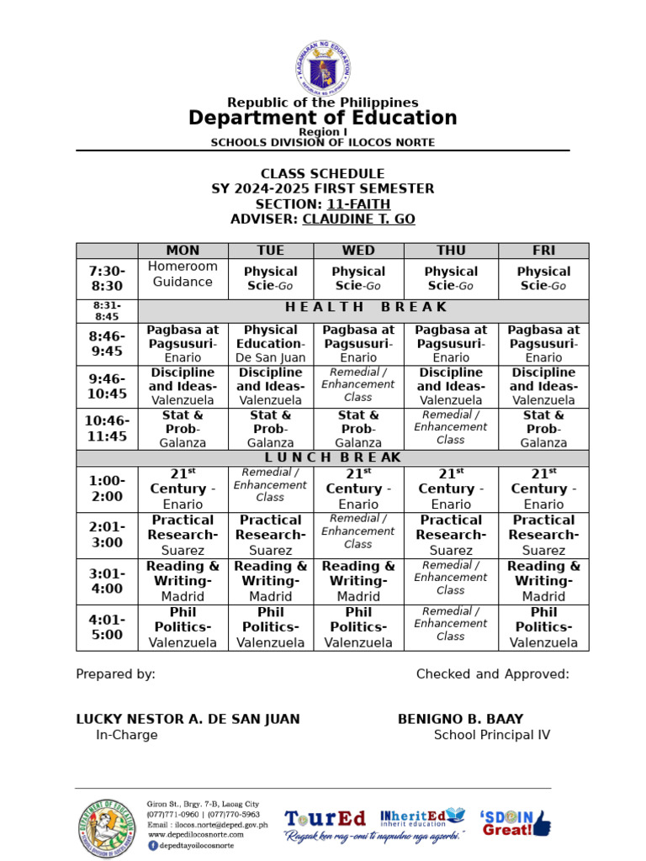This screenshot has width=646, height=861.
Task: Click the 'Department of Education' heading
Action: pos(322,118)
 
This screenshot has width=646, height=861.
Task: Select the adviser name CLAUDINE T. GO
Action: pos(358,219)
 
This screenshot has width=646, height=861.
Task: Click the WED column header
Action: pos(358,251)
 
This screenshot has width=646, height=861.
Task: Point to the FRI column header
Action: pos(543,251)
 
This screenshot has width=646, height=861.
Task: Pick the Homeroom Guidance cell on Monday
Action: pos(183,274)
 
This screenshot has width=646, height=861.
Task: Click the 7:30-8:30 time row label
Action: pos(107,278)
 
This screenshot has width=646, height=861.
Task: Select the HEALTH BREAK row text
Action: pos(363,308)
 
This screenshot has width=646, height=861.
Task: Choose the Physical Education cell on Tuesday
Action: pos(270,344)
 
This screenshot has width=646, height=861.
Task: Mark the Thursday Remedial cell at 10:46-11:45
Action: pos(451,427)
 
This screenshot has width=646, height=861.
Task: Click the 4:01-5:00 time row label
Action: pos(107,627)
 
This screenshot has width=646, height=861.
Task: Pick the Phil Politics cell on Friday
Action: pos(543,627)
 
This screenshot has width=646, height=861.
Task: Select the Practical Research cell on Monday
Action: pos(183,535)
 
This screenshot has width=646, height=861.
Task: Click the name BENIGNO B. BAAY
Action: pos(460,720)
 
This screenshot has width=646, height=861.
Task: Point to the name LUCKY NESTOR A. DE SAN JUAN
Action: pos(188,720)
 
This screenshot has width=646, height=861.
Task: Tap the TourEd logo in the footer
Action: pos(325,819)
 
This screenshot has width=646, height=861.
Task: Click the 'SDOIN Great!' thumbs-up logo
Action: pos(515,822)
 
